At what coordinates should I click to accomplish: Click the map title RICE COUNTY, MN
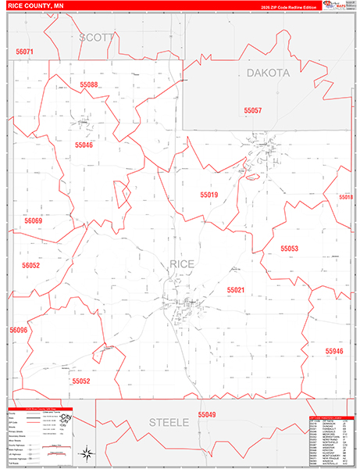41,7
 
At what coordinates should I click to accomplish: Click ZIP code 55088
88,84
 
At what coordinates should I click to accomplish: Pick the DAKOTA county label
268,73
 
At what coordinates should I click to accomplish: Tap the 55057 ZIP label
252,110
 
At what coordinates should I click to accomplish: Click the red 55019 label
209,194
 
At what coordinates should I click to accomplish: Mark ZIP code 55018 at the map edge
346,198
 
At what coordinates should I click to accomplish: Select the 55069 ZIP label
33,221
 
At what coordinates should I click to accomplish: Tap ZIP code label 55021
236,290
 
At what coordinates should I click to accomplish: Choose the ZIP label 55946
334,352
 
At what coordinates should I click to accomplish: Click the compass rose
88,455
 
